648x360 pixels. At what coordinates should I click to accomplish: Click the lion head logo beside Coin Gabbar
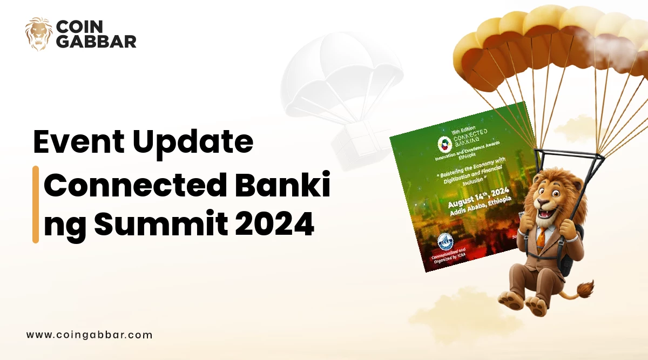pyautogui.click(x=38, y=34)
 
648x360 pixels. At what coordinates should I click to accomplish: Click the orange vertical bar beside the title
pyautogui.click(x=36, y=204)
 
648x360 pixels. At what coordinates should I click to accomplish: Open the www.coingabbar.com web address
pyautogui.click(x=89, y=335)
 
